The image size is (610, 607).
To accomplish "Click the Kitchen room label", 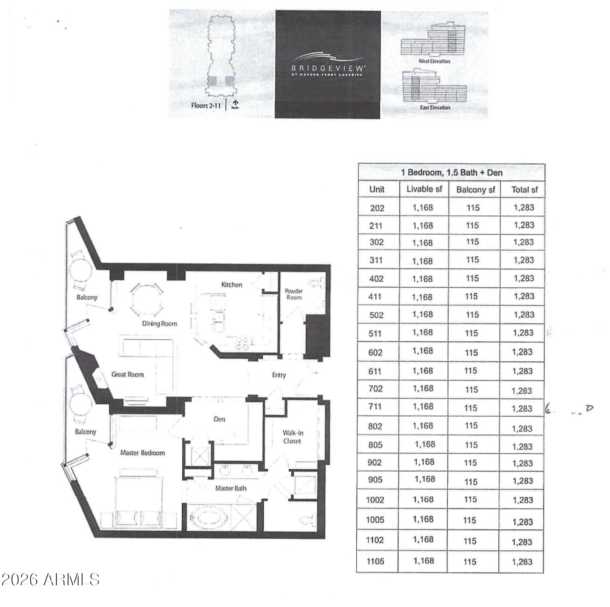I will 231,284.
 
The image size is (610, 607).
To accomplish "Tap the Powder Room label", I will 294,294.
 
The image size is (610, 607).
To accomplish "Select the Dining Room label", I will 160,324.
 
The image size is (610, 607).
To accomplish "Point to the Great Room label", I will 128,374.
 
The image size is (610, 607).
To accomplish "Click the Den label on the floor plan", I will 219,419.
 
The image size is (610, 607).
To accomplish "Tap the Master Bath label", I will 231,488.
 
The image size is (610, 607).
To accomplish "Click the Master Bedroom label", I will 142,453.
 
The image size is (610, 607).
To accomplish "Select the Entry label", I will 279,375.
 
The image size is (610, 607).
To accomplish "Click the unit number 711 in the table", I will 375,407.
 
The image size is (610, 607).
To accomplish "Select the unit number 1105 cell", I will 375,561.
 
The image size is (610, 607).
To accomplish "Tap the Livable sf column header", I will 424,189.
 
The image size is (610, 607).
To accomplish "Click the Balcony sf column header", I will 476,189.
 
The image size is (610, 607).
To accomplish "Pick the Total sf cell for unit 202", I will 524,208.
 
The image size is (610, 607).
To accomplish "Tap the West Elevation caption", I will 434,61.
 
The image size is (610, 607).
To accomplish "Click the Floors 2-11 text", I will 206,105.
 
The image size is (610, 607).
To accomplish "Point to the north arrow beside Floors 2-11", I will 235,103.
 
